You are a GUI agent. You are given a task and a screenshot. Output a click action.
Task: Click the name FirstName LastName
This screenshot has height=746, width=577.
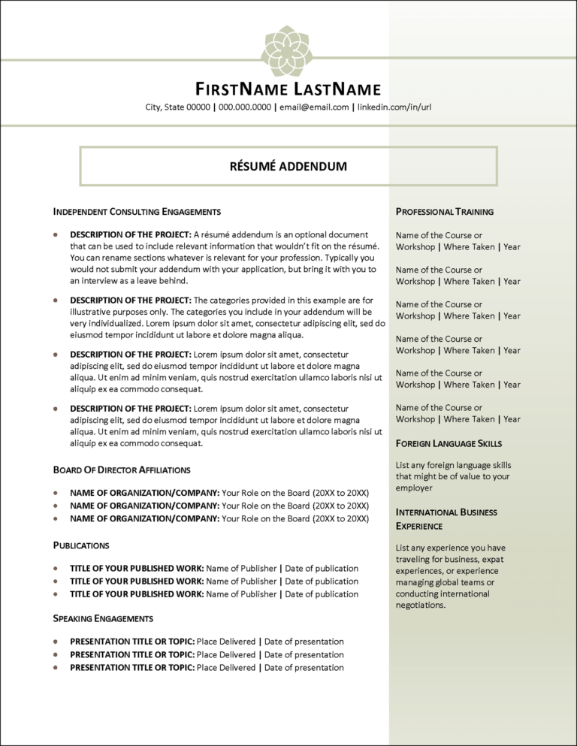288,89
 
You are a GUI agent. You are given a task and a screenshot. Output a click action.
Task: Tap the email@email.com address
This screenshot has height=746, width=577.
313,107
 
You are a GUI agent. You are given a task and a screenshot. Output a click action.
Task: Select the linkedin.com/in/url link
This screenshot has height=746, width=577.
394,107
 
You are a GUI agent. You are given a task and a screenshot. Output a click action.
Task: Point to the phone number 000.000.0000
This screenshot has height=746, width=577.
244,107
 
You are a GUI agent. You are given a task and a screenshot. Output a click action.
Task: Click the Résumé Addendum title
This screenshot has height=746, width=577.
288,166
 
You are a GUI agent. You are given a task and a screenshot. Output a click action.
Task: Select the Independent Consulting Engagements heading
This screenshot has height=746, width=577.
137,212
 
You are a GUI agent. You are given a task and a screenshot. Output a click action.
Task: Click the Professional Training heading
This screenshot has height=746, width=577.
444,212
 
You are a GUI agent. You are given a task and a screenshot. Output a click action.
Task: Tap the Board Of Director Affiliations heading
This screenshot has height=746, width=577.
122,470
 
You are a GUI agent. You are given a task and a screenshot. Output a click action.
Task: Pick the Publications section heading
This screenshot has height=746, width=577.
81,545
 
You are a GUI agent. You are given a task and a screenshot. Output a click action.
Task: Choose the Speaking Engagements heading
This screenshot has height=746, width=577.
103,618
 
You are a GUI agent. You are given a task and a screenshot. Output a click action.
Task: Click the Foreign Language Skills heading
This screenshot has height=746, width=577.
449,443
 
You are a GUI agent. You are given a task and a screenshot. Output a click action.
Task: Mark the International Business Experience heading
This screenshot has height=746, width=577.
446,518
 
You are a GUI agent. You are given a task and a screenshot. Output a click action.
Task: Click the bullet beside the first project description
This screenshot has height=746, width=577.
56,235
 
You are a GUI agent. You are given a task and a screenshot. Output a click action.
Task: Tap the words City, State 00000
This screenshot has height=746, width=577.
178,107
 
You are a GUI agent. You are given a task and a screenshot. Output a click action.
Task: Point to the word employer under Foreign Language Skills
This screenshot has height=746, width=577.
415,488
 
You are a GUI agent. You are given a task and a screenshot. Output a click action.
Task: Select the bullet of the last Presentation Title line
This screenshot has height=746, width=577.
56,667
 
